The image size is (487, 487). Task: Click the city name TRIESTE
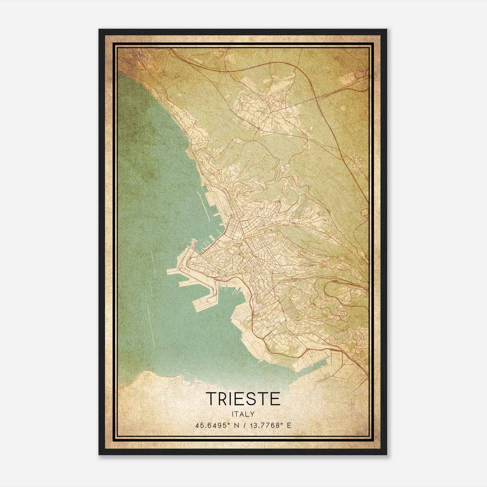[243, 398]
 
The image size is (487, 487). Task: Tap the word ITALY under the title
[243, 414]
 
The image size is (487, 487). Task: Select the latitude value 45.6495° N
[216, 425]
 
